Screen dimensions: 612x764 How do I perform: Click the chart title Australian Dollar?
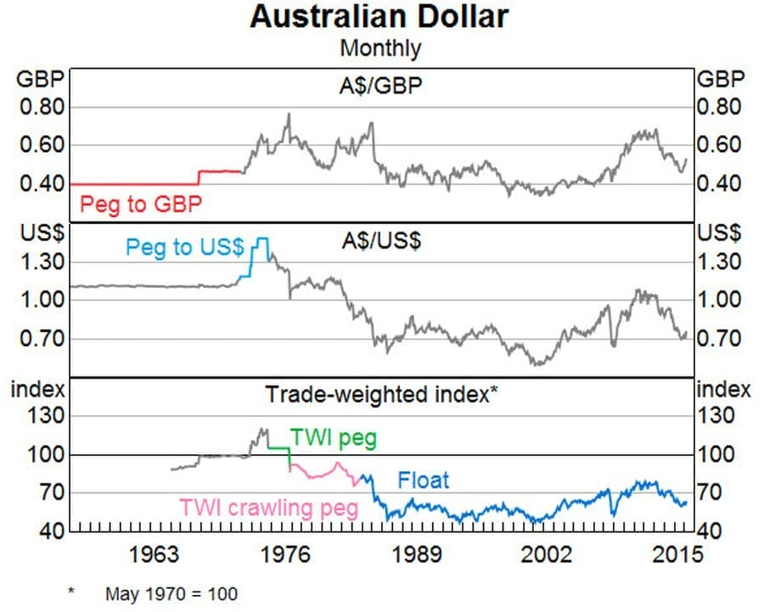(x=379, y=16)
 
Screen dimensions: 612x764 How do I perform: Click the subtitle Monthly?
(x=379, y=48)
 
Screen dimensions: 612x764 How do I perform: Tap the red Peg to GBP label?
(x=141, y=204)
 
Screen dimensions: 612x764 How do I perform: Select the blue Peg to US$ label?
(x=184, y=247)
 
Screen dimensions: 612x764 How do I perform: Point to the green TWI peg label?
(x=334, y=438)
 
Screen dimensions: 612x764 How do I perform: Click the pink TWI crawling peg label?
(x=268, y=508)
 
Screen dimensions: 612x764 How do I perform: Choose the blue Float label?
(x=423, y=480)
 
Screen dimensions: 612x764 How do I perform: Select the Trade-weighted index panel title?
(x=379, y=394)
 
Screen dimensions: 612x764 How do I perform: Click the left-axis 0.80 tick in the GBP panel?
(x=42, y=107)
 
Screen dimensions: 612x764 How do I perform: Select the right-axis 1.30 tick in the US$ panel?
(x=721, y=261)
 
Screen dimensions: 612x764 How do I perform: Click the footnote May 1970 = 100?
(x=171, y=593)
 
